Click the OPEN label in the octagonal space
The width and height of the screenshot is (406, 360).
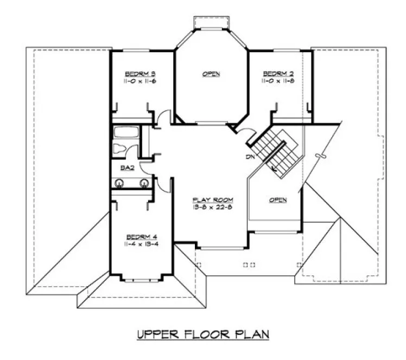click(212, 74)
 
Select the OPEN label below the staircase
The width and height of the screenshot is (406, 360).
click(278, 200)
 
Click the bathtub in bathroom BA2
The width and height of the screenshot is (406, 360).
click(125, 132)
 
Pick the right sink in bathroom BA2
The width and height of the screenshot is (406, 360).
click(144, 183)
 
